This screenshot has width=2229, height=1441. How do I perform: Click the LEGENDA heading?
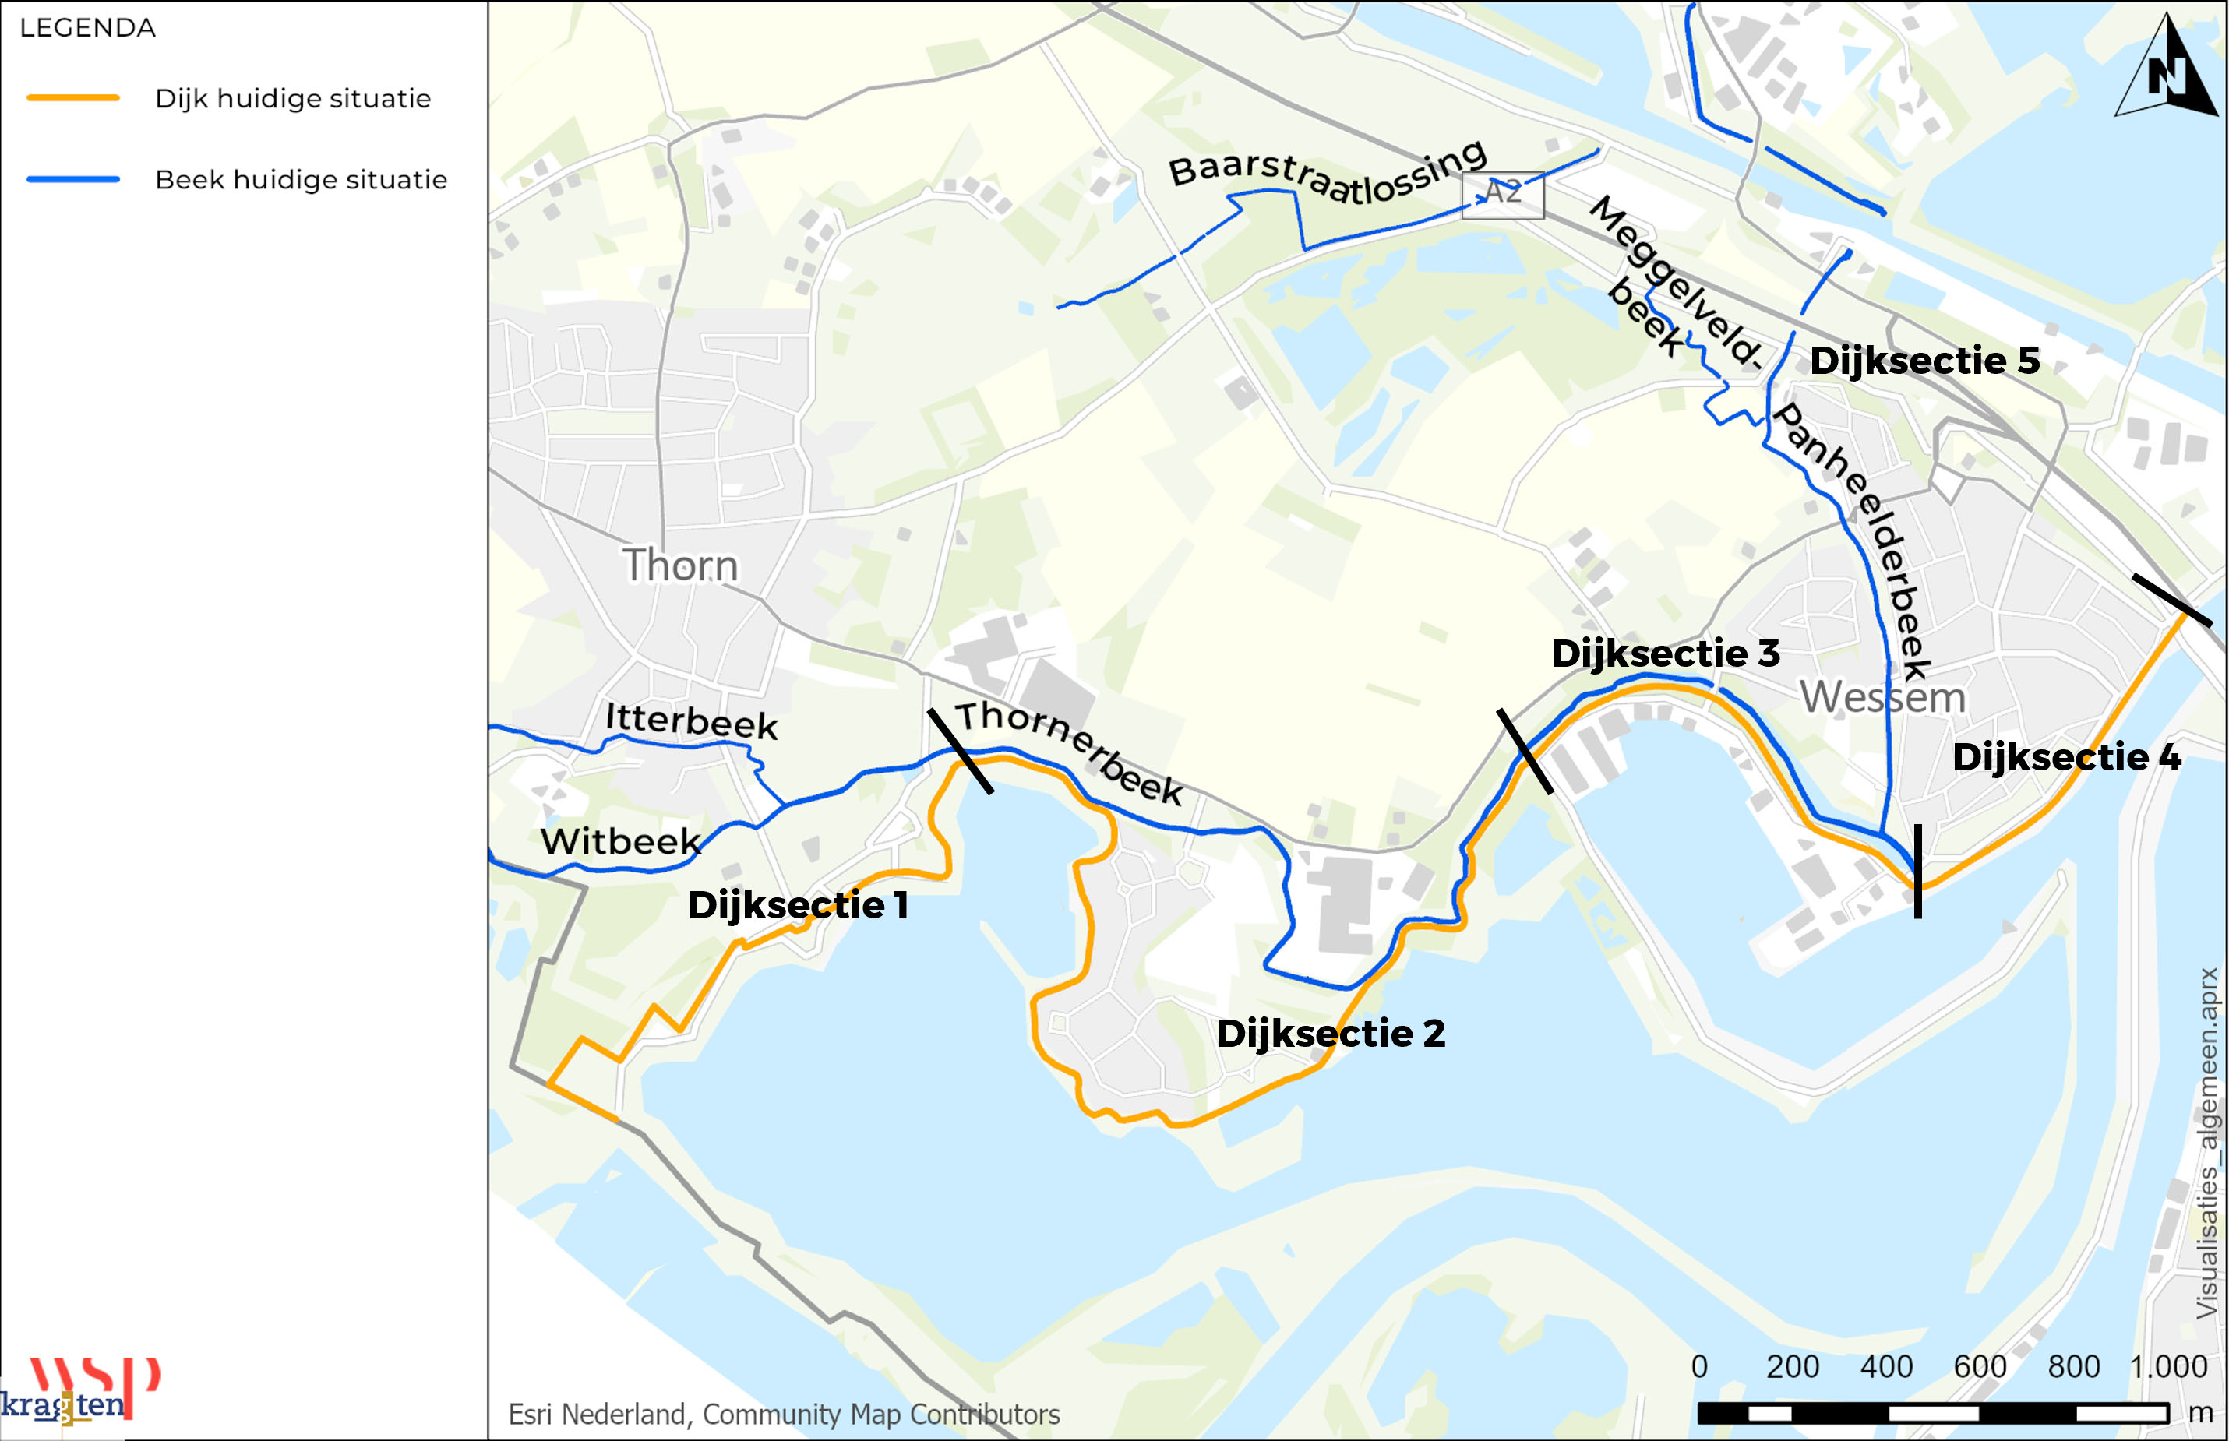pyautogui.click(x=88, y=28)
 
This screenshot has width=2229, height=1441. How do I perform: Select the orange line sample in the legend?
pyautogui.click(x=73, y=97)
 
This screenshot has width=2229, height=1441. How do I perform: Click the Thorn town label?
pyautogui.click(x=680, y=565)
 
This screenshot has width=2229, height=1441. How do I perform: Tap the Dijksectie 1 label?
pyautogui.click(x=797, y=905)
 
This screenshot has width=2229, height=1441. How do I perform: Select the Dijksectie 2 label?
pyautogui.click(x=1330, y=1033)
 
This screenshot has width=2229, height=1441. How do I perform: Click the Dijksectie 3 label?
pyautogui.click(x=1665, y=654)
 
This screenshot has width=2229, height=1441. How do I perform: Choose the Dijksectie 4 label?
pyautogui.click(x=2065, y=757)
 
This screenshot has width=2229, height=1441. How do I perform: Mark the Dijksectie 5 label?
pyautogui.click(x=1924, y=360)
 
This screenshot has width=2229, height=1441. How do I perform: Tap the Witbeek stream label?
pyautogui.click(x=620, y=841)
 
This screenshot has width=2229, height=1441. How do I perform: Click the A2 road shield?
pyautogui.click(x=1502, y=194)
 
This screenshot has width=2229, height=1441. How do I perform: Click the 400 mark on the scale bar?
pyautogui.click(x=1885, y=1367)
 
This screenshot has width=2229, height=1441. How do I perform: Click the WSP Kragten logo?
pyautogui.click(x=79, y=1390)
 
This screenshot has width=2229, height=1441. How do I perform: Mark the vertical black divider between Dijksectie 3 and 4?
pyautogui.click(x=1917, y=870)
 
